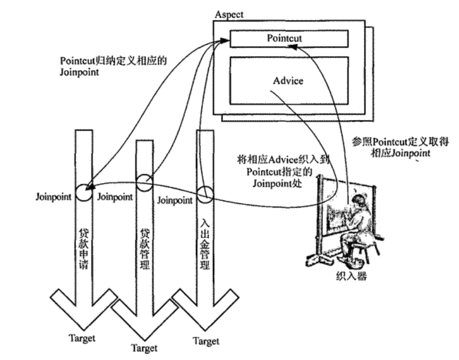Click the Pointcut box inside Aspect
coord(288,38)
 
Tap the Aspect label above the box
coord(229,14)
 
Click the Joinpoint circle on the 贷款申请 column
coord(83,192)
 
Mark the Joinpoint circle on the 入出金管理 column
coord(205,194)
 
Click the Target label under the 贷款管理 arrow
coord(145,349)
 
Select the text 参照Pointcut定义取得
coord(394,142)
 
